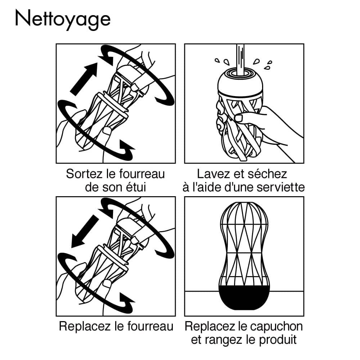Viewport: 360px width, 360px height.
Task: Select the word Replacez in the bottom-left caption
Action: point(83,327)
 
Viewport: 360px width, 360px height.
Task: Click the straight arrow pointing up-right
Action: point(84,79)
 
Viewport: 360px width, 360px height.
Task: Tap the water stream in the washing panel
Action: point(240,58)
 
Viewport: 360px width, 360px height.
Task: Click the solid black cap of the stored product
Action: point(244,297)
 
